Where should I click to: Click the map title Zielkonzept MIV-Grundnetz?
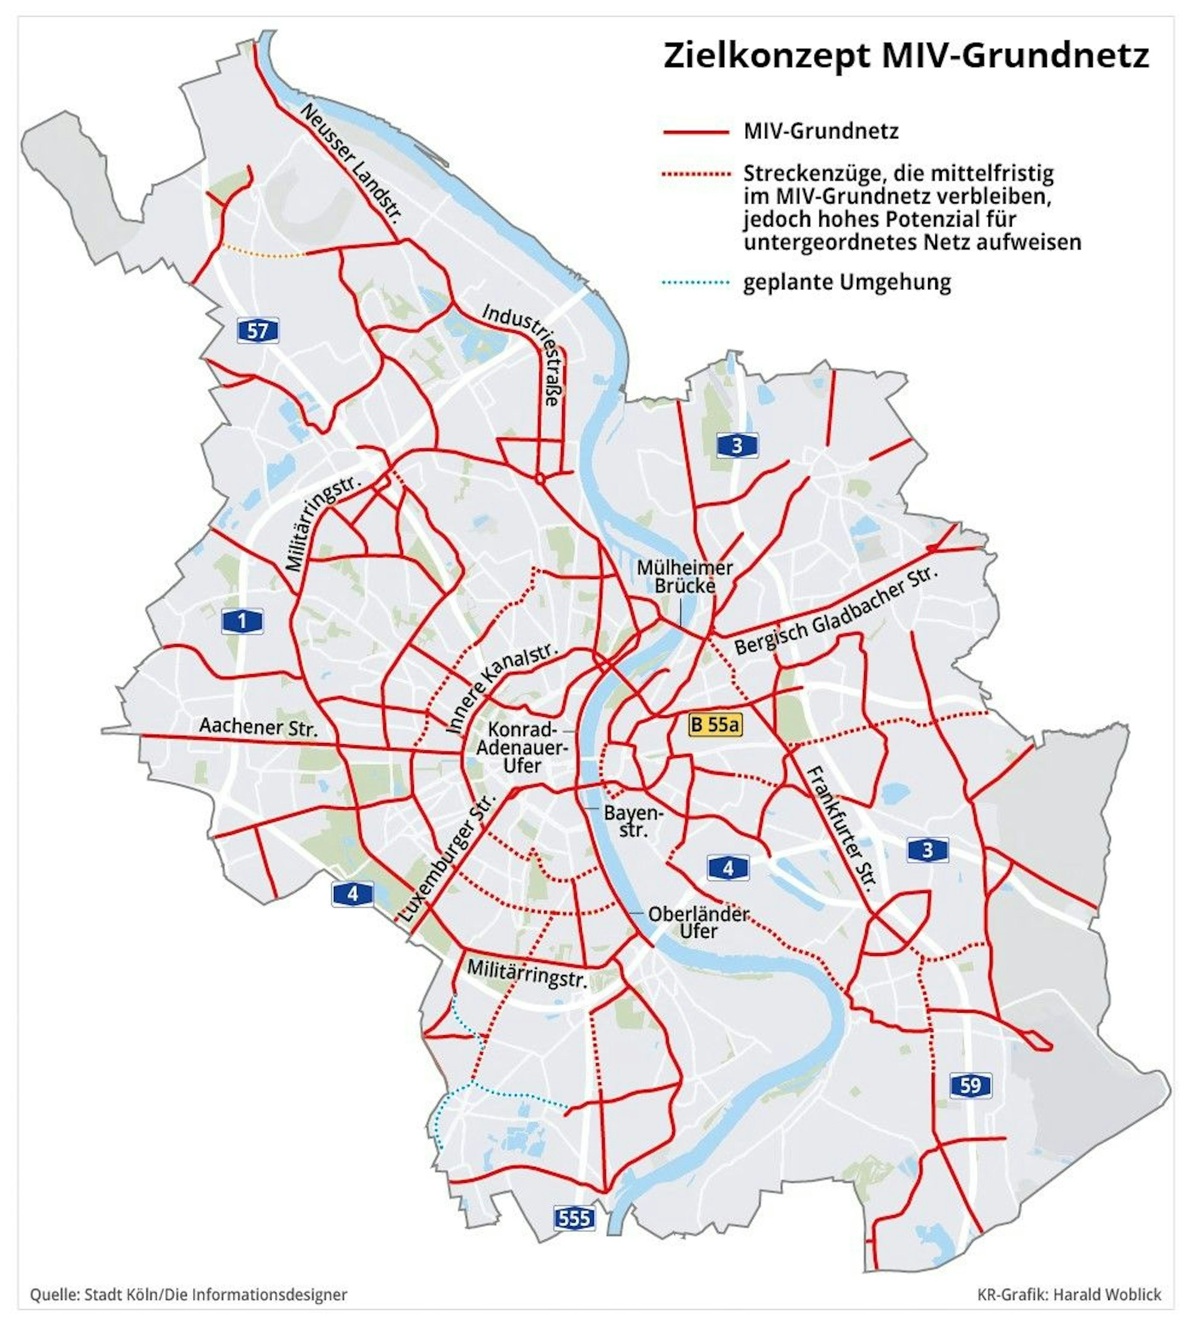click(x=905, y=56)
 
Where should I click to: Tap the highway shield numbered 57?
click(x=258, y=331)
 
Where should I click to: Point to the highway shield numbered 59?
click(x=971, y=1086)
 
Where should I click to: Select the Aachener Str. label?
click(x=258, y=727)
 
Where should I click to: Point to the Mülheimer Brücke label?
click(x=684, y=576)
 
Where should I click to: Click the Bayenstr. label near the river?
click(x=633, y=821)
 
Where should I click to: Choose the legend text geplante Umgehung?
click(x=847, y=283)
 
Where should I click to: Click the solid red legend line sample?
click(x=696, y=132)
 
